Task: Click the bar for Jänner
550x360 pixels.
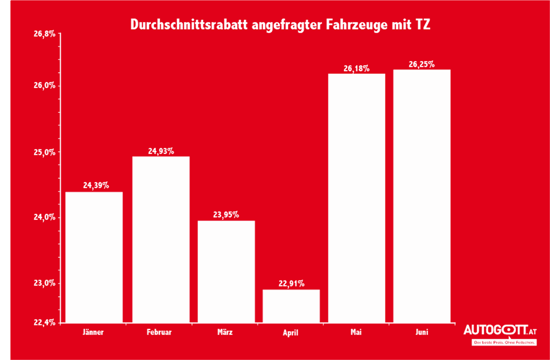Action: tap(94, 257)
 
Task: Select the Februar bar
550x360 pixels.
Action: tap(161, 239)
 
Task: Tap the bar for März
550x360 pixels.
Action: tap(226, 271)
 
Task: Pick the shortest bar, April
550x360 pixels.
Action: tap(291, 306)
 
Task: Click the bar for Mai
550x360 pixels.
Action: tap(356, 198)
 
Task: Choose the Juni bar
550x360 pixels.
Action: tap(422, 196)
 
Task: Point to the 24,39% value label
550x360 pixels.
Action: tap(96, 185)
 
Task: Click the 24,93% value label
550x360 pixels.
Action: tap(161, 151)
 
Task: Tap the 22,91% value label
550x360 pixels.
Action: tap(291, 284)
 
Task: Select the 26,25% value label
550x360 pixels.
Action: tap(422, 64)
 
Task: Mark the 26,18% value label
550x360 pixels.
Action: tap(356, 68)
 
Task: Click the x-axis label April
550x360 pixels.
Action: tap(291, 333)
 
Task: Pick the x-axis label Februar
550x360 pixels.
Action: tap(159, 333)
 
